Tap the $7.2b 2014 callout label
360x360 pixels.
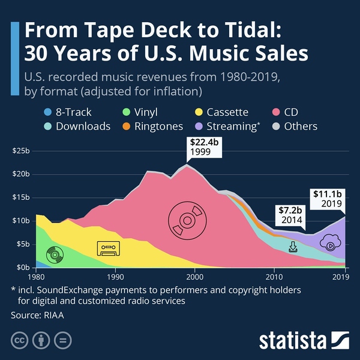290,214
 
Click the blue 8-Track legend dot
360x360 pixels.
48,112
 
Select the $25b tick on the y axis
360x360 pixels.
20,151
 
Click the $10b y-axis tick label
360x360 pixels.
20,221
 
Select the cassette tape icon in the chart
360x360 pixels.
109,248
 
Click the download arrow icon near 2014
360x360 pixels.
293,247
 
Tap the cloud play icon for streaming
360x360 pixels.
331,243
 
